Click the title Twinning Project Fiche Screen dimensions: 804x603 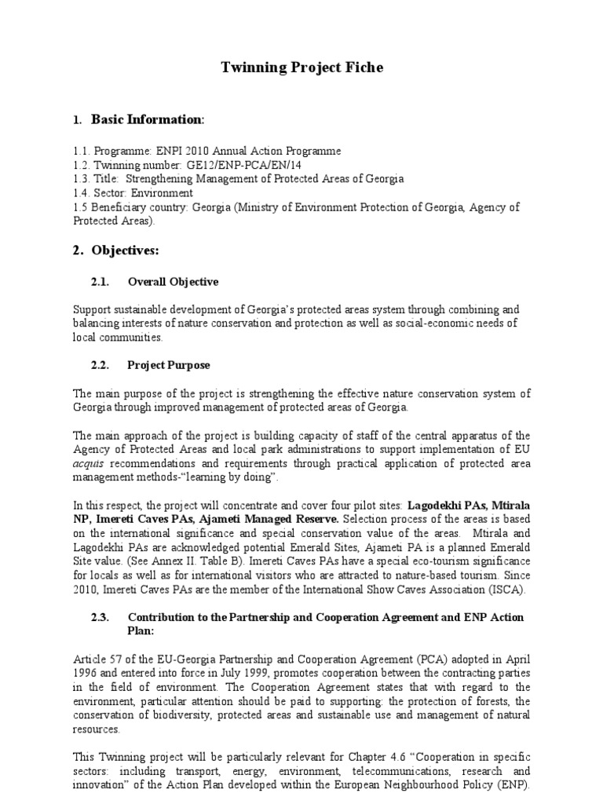click(x=301, y=68)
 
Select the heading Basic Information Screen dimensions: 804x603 click(x=148, y=119)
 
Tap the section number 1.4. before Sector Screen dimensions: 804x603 click(x=81, y=192)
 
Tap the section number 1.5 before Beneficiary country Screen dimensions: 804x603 click(x=79, y=206)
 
